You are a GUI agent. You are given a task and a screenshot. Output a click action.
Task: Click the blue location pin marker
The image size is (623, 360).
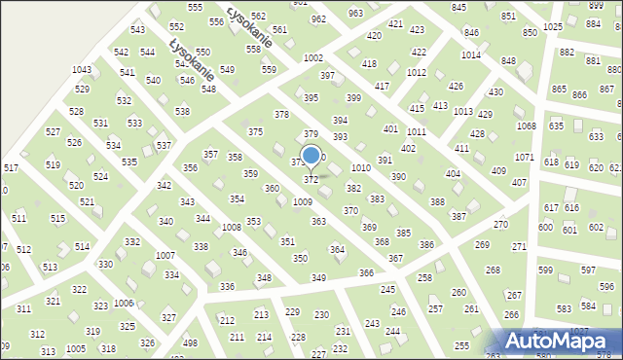[311, 157]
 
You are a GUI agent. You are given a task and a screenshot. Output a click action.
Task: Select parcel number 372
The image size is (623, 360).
[311, 180]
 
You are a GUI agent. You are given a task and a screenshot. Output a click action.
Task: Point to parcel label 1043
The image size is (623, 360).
[82, 70]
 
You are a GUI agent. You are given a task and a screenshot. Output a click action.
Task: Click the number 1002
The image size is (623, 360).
[312, 58]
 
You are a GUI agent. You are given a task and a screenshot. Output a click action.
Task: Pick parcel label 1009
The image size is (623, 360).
[303, 201]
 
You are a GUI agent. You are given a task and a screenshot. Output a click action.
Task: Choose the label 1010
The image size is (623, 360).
[360, 168]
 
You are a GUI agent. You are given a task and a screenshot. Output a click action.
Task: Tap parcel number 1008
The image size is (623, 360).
[231, 227]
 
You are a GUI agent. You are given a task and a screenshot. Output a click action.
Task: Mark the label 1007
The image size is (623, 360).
[165, 255]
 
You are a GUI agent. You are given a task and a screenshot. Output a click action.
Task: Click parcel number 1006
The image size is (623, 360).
[124, 304]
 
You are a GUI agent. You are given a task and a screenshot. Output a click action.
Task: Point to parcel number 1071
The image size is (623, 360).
[524, 157]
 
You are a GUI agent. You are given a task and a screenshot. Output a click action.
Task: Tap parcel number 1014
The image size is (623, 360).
[471, 54]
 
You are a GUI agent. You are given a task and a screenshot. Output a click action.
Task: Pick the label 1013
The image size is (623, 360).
[463, 112]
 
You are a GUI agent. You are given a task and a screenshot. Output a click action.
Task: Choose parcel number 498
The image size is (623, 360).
[191, 342]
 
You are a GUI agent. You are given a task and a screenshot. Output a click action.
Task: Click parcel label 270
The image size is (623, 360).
[500, 225]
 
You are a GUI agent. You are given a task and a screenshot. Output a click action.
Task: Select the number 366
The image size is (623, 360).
[366, 273]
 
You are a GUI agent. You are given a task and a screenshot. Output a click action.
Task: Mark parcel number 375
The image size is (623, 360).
[255, 131]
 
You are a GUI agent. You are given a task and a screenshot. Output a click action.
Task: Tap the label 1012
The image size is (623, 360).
[417, 72]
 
